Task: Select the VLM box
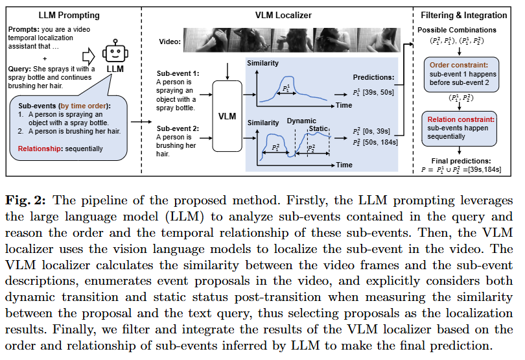tap(227, 116)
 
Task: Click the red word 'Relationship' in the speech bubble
tap(37, 149)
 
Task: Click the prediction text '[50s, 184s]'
tap(386, 141)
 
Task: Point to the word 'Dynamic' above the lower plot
tap(301, 121)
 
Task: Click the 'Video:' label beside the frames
tap(170, 42)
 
